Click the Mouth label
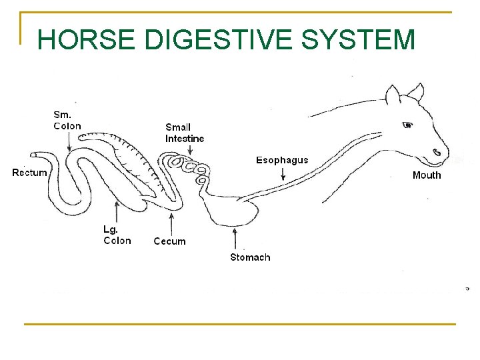427,175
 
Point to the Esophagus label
283,160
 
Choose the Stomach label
250,257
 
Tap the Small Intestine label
185,133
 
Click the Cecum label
169,241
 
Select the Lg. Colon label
117,235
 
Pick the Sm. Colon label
67,120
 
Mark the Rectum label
30,173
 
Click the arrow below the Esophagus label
283,174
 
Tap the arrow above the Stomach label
235,239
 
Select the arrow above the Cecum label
171,223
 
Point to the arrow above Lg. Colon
117,212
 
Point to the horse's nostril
437,153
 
